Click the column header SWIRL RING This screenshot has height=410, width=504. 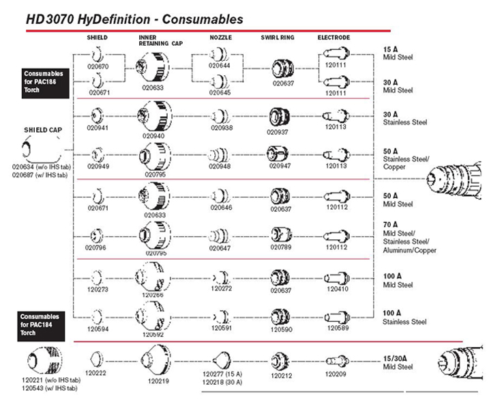278,38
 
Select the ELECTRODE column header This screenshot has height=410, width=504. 333,38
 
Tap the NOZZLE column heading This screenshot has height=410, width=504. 220,38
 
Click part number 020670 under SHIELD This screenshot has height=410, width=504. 98,67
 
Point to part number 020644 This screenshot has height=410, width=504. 219,66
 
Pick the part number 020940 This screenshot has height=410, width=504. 153,136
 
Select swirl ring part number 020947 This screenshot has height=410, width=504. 280,166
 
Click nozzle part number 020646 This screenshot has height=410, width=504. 221,208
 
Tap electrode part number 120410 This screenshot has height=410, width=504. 338,289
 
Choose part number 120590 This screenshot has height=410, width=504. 281,329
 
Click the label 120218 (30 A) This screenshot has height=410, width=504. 222,382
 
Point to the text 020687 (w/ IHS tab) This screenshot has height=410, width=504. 40,175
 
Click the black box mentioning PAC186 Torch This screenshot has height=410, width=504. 45,83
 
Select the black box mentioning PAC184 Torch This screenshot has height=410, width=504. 41,326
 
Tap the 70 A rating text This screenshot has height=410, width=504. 390,225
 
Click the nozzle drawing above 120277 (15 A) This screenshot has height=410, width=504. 222,360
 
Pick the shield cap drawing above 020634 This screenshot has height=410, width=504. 42,150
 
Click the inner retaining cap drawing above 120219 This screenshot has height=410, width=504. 156,359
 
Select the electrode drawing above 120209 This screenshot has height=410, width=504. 338,361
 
